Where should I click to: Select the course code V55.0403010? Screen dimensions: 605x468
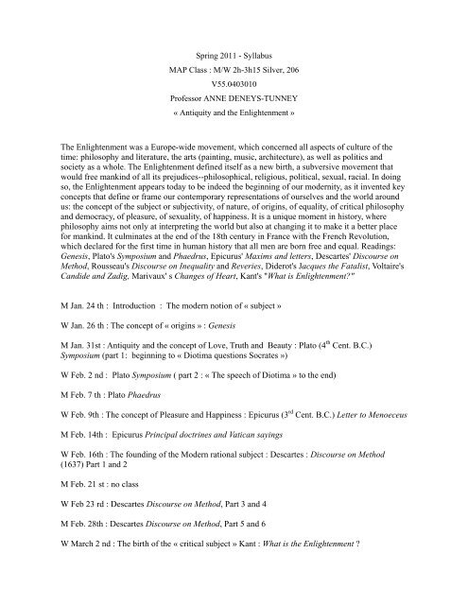[234, 82]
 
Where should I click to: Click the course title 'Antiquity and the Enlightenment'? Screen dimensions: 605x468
[234, 119]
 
